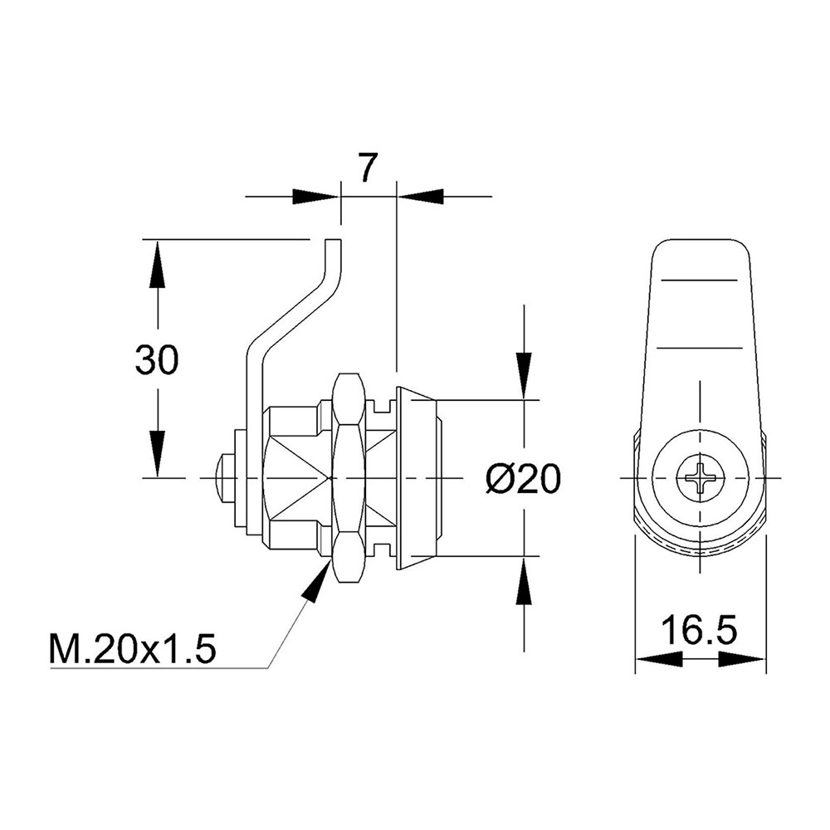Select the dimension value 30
click(157, 360)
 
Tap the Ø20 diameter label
click(523, 479)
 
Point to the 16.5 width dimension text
click(699, 630)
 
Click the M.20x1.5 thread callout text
click(133, 649)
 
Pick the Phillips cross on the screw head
click(700, 478)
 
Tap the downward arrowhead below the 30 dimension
click(157, 453)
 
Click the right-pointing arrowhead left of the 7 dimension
click(315, 197)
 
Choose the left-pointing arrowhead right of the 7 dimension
click(420, 197)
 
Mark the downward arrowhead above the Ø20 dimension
click(524, 376)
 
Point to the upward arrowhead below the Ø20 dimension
click(524, 580)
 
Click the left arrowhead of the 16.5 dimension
click(658, 659)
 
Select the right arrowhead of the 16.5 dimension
click(742, 659)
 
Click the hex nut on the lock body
click(349, 478)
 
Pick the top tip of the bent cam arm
click(334, 241)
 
